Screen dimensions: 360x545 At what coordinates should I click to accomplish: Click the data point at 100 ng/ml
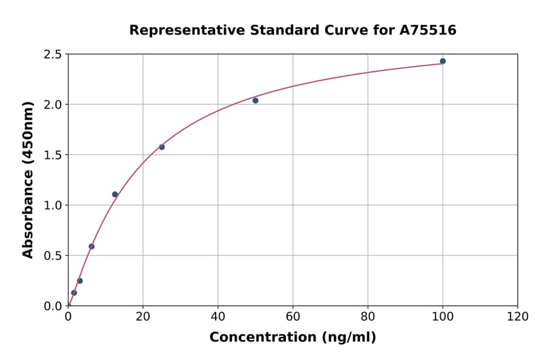click(x=443, y=61)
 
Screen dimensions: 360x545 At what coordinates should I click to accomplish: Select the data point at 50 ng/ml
click(x=256, y=101)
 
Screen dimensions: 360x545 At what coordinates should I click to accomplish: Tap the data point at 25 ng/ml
click(x=162, y=147)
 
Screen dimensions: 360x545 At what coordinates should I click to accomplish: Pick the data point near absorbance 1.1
click(x=115, y=195)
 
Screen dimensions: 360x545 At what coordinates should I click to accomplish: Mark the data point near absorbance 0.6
click(x=91, y=247)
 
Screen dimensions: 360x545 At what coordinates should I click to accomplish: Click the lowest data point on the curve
click(x=74, y=293)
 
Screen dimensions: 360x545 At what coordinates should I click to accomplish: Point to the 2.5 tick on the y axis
click(x=53, y=55)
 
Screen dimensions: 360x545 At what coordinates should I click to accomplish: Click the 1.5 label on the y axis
click(x=53, y=155)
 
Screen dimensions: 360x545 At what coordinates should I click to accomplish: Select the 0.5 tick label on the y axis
click(x=53, y=256)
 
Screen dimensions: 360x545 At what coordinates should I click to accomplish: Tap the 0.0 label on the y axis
click(x=53, y=306)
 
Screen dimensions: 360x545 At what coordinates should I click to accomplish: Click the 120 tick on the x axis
click(x=517, y=316)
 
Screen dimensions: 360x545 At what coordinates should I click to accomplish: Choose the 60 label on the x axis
click(x=292, y=316)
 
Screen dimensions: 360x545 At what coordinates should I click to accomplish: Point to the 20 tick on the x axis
click(x=143, y=316)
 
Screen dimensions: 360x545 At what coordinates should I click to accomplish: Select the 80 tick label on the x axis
click(x=368, y=316)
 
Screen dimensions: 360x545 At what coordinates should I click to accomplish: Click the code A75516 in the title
click(x=429, y=30)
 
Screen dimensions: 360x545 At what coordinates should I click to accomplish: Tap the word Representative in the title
click(x=180, y=30)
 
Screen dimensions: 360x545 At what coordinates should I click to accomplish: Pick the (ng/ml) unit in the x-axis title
click(x=346, y=338)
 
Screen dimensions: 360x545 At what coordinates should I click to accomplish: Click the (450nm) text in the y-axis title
click(x=28, y=132)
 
